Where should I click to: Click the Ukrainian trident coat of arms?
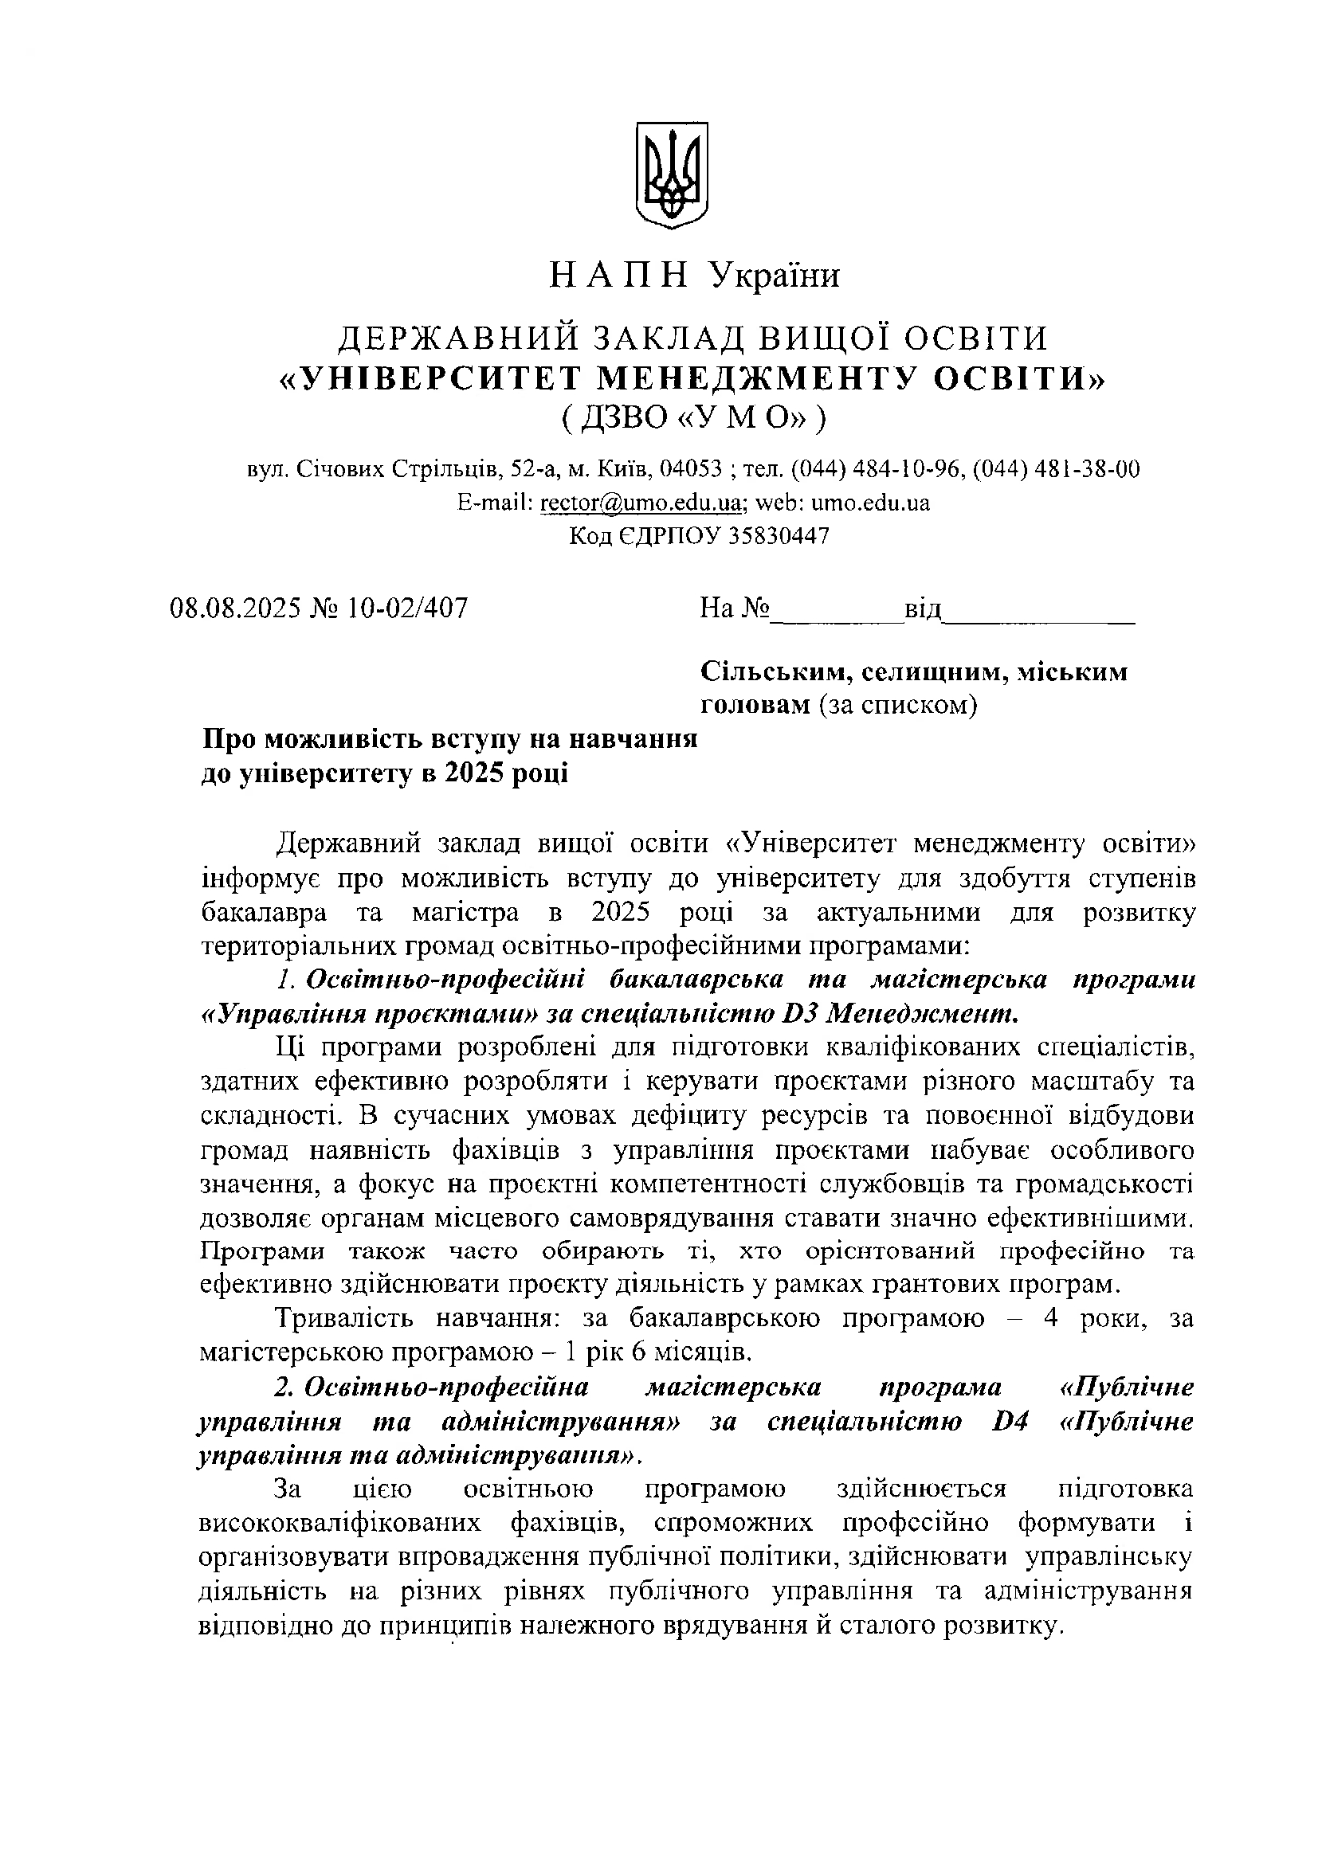(x=670, y=174)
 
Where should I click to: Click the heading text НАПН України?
(x=694, y=276)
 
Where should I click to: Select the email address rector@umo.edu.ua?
(x=641, y=503)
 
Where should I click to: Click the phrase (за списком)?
(x=897, y=706)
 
